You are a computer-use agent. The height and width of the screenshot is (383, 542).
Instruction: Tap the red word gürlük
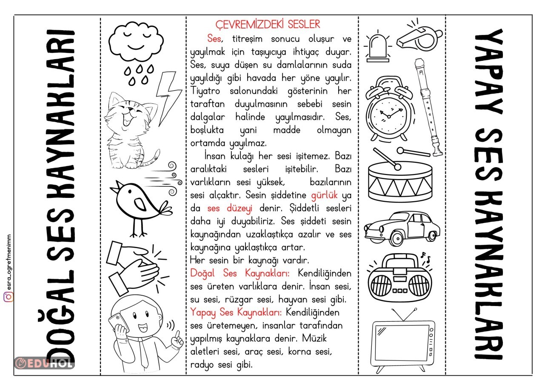point(324,196)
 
